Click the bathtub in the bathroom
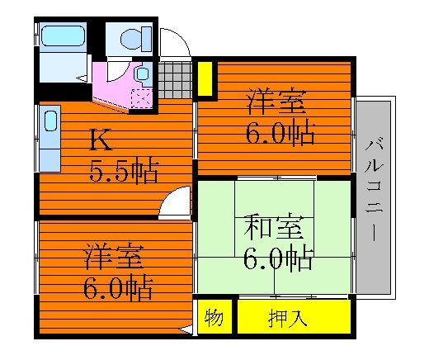click(x=63, y=36)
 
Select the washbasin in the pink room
click(x=143, y=73)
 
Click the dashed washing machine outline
click(x=142, y=98)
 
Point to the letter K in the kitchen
click(x=101, y=140)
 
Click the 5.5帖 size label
click(x=124, y=172)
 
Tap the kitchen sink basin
click(x=50, y=121)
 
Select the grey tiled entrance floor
click(x=175, y=80)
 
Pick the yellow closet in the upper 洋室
click(x=205, y=78)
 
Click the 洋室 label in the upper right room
click(x=276, y=102)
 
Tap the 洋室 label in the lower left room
click(x=114, y=256)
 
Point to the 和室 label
click(x=274, y=227)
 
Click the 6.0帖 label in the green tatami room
click(x=278, y=260)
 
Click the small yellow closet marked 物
click(x=214, y=317)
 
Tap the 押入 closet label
click(x=287, y=319)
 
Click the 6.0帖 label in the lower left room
click(x=118, y=287)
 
